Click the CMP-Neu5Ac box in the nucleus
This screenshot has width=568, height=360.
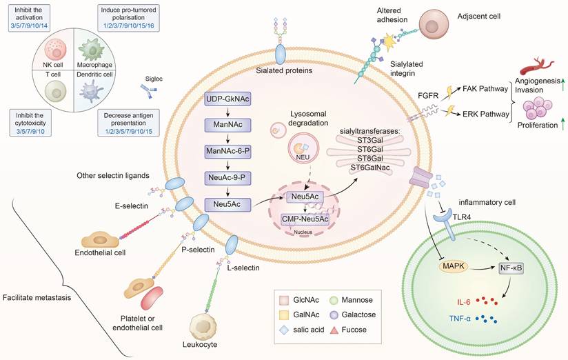pyautogui.click(x=309, y=220)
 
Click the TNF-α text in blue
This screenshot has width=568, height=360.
pyautogui.click(x=466, y=321)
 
